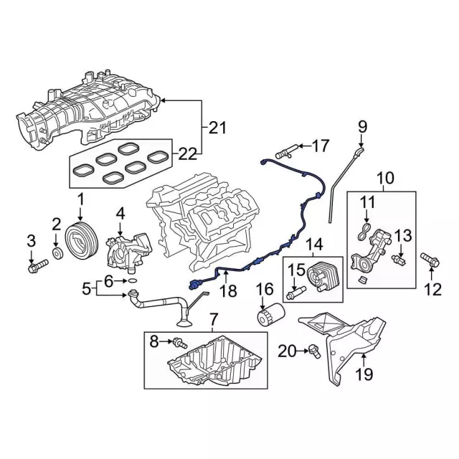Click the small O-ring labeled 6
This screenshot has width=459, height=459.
pyautogui.click(x=132, y=295)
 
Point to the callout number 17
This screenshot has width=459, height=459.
pyautogui.click(x=320, y=146)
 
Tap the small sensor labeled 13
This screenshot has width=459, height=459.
pyautogui.click(x=403, y=256)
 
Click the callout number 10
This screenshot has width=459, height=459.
pyautogui.click(x=385, y=176)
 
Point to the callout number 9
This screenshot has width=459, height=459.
pyautogui.click(x=362, y=128)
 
